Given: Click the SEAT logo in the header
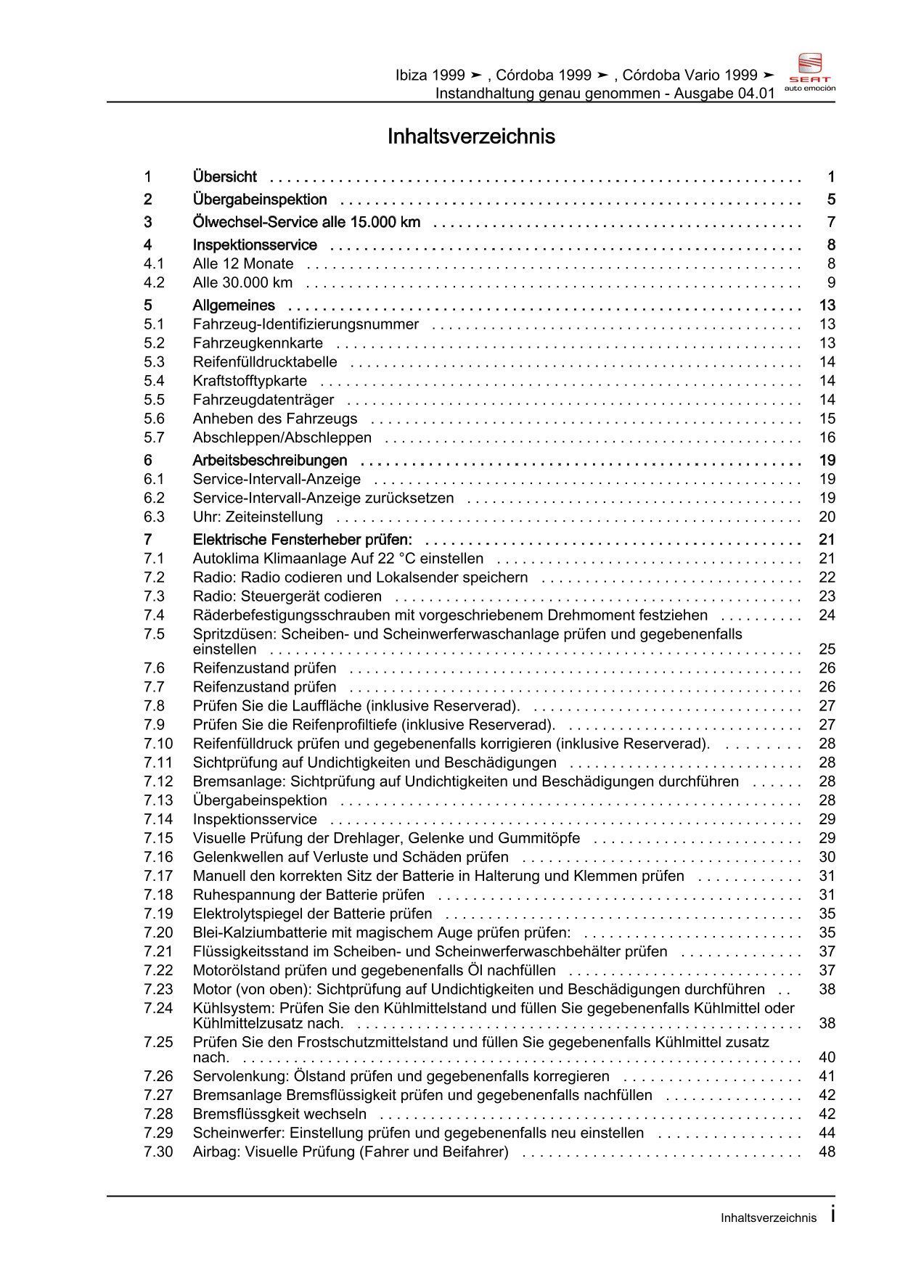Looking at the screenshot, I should (x=810, y=71).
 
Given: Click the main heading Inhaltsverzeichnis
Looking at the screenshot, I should (x=471, y=136).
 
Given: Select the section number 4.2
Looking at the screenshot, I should (x=154, y=283).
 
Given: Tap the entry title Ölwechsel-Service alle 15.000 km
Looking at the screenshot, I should (x=306, y=222).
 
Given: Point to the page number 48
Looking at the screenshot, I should (x=827, y=1152).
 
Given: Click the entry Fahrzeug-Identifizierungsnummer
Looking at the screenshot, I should (x=306, y=324).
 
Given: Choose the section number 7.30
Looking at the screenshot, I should (x=158, y=1152).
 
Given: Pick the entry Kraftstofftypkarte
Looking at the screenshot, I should (x=250, y=381).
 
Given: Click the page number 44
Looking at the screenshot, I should (x=827, y=1133).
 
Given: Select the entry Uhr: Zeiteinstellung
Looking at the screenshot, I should (x=258, y=517).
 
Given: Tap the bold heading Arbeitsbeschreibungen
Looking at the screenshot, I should (x=270, y=461).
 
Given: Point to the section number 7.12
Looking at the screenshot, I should (x=158, y=781).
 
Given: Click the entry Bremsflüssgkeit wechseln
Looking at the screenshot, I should (x=279, y=1114).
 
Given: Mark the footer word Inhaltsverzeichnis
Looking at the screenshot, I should (x=768, y=1218).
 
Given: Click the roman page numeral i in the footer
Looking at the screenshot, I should (x=832, y=1215).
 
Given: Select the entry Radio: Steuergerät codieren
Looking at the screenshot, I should (x=287, y=596).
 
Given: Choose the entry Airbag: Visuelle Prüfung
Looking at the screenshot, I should (x=351, y=1152).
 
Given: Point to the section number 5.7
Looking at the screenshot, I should (x=154, y=438).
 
